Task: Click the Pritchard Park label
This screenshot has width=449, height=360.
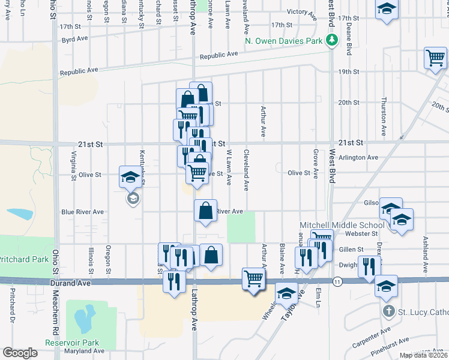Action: point(23,259)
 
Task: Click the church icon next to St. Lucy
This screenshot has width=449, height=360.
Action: point(388,311)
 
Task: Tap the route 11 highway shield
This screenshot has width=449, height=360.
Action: point(337,281)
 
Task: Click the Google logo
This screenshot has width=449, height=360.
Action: point(20,353)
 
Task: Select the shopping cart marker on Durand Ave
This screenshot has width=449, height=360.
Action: point(254,278)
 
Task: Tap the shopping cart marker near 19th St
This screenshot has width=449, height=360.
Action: point(435,59)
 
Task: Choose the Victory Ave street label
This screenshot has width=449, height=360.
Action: point(301,11)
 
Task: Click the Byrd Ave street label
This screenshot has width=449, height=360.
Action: point(74,39)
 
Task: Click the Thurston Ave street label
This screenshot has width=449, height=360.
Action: point(384,116)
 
